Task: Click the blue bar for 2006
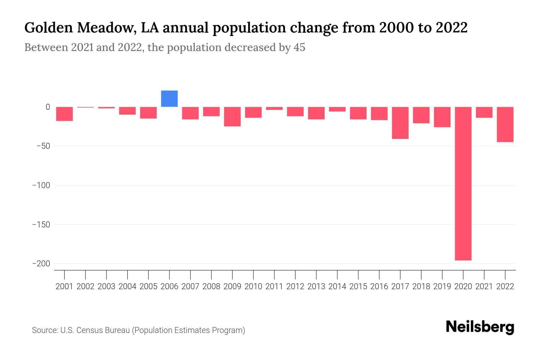pos(169,99)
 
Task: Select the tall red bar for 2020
pos(463,183)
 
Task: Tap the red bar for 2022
pos(505,124)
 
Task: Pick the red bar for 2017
pos(400,123)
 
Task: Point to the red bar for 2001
pos(64,114)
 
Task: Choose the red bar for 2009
pos(232,116)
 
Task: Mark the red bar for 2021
pos(484,112)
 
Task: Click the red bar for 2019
pos(442,117)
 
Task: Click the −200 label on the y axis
pos(41,264)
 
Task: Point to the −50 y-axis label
pos(43,146)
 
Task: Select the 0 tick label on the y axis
pos(48,107)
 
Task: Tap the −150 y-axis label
pos(41,224)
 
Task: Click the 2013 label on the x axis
pos(316,286)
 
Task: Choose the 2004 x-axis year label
pos(127,286)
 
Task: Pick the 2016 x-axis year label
pos(379,286)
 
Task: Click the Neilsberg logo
pos(480,327)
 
